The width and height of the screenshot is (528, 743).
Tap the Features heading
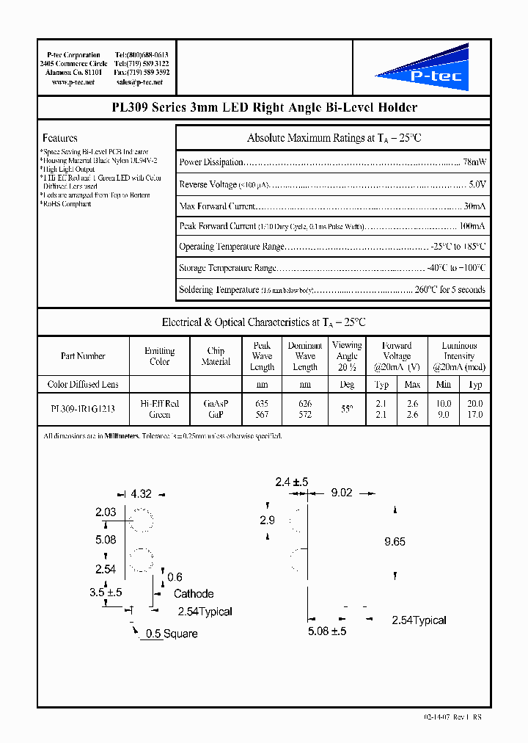[60, 138]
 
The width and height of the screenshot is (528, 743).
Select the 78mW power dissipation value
[474, 162]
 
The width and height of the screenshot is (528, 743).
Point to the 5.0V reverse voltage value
[477, 184]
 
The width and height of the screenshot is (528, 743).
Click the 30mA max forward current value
[474, 206]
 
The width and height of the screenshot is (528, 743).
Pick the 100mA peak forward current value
[472, 226]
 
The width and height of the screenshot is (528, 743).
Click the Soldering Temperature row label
[219, 290]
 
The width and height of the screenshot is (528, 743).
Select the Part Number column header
[83, 356]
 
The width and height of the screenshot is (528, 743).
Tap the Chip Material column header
[216, 356]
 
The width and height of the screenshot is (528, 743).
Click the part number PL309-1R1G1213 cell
[83, 409]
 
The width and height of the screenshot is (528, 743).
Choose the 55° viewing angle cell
[347, 409]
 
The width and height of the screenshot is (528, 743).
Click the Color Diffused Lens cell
[83, 384]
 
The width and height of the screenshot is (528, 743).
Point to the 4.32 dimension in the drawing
[141, 495]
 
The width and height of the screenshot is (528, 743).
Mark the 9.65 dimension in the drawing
[395, 542]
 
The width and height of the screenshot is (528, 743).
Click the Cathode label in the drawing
[194, 593]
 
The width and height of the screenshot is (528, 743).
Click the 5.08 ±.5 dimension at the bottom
[327, 631]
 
